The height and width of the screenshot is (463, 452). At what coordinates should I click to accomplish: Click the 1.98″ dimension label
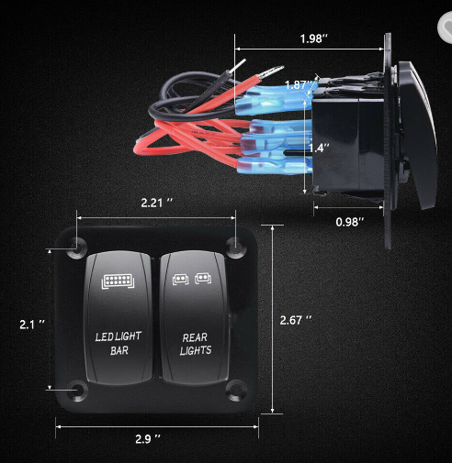pos(313,39)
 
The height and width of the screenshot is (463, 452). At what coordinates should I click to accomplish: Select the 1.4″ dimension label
pos(319,148)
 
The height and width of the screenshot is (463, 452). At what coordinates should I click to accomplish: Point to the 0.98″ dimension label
pos(350,222)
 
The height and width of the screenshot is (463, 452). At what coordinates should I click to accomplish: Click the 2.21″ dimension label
pos(157,203)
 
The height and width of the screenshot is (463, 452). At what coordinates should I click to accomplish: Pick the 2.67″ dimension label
pos(296,320)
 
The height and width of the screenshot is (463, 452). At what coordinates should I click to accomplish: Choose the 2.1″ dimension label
pos(32,325)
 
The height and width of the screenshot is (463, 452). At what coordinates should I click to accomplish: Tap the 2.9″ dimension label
pos(148,439)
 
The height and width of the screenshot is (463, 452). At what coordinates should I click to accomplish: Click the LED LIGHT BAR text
pos(119,343)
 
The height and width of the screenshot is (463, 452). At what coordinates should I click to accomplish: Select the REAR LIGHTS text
pos(196,344)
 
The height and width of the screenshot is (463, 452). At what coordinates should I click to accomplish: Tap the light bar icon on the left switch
pos(118,281)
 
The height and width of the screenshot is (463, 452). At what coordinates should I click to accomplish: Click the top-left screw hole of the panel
pos(76,247)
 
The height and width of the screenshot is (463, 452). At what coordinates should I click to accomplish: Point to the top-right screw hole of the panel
pos(236,247)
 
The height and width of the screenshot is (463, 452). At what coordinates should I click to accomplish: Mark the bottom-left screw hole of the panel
pos(77,391)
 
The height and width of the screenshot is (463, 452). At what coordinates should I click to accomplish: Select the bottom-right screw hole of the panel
pos(236,390)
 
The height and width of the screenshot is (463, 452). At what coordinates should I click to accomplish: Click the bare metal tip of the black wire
pos(237,66)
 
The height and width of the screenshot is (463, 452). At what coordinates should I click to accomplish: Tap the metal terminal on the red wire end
pos(272,72)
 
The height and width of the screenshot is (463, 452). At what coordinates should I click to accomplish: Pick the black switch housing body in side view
pos(348,144)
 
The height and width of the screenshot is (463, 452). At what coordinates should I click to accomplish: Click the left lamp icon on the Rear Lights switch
pos(180,279)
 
